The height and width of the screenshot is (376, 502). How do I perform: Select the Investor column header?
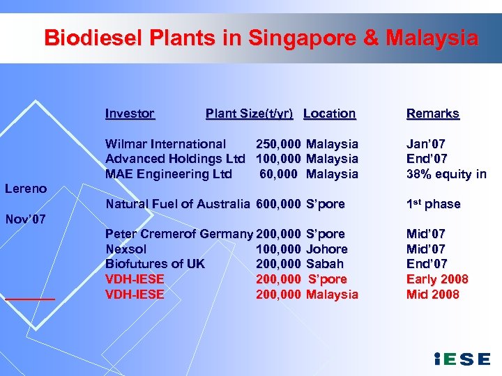coord(130,113)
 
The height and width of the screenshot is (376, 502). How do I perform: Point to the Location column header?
coord(330,113)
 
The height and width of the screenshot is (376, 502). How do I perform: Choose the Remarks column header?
coord(433,113)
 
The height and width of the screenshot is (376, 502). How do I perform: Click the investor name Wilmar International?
coord(166,144)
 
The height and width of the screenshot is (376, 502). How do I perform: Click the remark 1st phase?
coord(434,204)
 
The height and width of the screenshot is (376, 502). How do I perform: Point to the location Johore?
coord(327,249)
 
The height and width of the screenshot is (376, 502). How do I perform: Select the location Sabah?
coord(325,264)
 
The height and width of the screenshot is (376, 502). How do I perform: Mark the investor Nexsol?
coord(126,249)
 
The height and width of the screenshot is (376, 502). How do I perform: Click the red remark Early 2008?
coord(437,279)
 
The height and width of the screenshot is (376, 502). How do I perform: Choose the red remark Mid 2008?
coord(433,295)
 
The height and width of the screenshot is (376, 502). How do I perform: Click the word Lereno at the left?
coord(26,189)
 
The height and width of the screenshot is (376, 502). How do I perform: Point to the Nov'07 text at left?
coord(26,219)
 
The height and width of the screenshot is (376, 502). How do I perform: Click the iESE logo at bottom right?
coord(462,359)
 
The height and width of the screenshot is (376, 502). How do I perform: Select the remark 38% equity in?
coord(446,174)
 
